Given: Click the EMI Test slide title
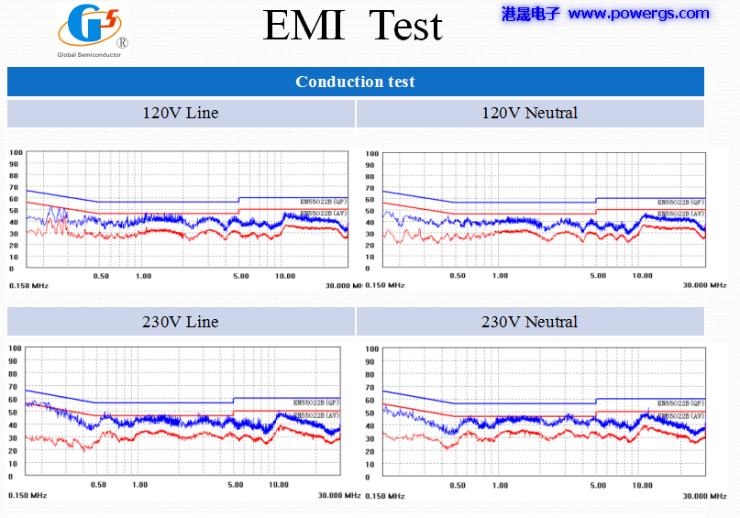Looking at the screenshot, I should coord(353,26).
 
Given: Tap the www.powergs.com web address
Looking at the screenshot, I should coord(638,14).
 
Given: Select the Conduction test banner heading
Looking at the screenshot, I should coord(355,82).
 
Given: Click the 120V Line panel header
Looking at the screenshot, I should coord(180,114).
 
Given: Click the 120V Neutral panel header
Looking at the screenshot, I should coord(529,114).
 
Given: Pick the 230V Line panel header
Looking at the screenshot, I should coord(180,322).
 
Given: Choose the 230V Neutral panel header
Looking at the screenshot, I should coord(529,322).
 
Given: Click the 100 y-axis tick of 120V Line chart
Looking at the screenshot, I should coord(14,152).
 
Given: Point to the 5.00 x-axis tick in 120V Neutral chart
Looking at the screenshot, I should coord(597,276).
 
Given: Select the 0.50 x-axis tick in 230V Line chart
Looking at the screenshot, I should coord(97,484).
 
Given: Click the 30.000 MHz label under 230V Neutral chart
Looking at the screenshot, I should coord(704,496).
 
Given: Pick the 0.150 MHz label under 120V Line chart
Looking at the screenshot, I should coord(28,286).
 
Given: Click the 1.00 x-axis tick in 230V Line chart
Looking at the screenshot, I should coord(140,484).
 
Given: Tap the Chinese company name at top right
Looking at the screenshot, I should coord(531,14).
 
